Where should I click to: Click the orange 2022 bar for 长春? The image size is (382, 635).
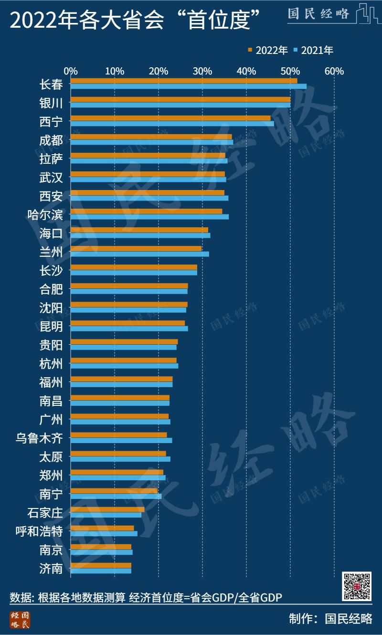(184, 81)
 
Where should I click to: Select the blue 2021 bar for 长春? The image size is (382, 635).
(189, 86)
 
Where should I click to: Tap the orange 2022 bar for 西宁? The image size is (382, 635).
(170, 118)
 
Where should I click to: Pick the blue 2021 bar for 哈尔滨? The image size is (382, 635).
(149, 217)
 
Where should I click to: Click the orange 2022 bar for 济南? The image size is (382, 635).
(101, 565)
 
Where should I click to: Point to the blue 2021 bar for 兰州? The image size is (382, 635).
(139, 254)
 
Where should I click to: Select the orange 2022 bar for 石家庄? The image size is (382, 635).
(107, 509)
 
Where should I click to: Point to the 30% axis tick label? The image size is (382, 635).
(202, 71)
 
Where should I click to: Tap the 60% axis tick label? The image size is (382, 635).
(334, 71)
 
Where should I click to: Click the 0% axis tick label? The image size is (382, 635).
(71, 71)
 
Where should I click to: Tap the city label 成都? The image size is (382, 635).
(51, 140)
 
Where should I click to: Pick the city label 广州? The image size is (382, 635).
(51, 419)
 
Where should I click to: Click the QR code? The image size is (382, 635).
(357, 586)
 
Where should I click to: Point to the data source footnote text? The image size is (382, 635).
(146, 597)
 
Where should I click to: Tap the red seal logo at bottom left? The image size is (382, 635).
(20, 620)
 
